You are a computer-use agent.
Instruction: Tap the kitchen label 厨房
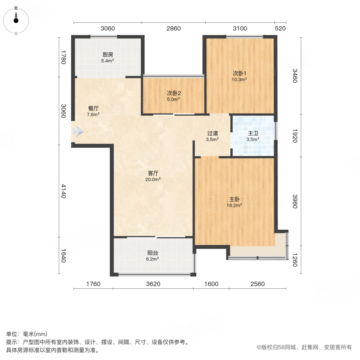click(108, 55)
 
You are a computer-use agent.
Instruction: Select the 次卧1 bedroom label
click(240, 73)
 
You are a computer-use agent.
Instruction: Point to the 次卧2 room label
click(174, 93)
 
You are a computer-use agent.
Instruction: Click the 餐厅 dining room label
click(93, 108)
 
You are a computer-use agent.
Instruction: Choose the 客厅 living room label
click(154, 173)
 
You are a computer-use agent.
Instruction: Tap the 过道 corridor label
click(212, 134)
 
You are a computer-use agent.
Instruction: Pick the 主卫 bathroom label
click(253, 134)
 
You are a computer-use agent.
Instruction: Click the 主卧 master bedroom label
click(235, 199)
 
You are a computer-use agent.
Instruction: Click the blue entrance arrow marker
click(78, 131)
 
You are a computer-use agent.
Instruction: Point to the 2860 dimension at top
click(174, 28)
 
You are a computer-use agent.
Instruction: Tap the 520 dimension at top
click(280, 28)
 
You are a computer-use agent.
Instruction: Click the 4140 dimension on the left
click(63, 192)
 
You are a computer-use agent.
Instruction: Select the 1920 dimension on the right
click(294, 136)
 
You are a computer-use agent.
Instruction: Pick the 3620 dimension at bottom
click(153, 284)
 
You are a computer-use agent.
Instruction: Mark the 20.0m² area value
click(154, 180)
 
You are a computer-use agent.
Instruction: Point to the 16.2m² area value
click(235, 205)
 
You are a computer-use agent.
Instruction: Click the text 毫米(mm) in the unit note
click(36, 334)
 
